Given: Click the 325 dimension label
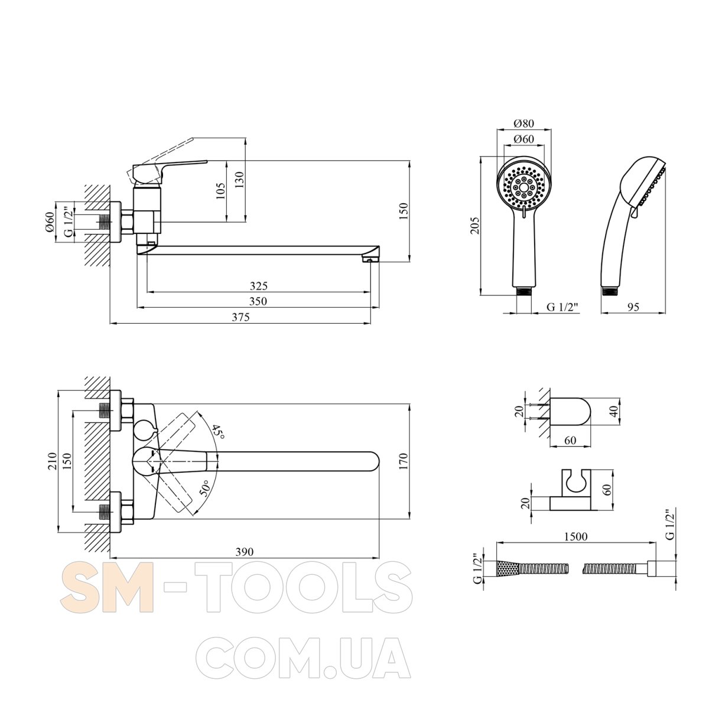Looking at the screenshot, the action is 259,286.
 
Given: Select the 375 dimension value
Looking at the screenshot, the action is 240,317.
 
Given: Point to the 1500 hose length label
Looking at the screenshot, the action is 576,536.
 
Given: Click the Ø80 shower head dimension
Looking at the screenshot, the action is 523,123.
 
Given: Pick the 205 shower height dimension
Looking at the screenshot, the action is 475,226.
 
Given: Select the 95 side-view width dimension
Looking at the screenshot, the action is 633,307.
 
